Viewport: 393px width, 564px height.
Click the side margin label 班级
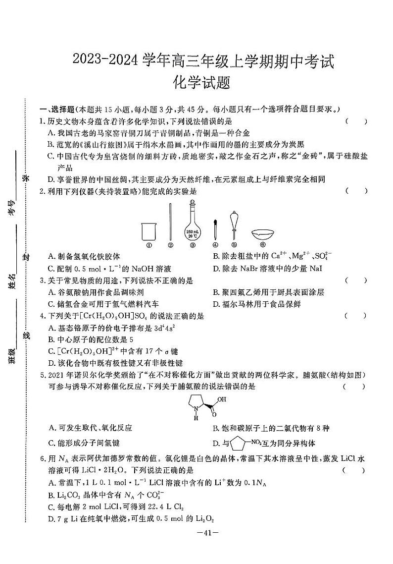click(x=13, y=356)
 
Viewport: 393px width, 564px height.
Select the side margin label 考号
click(x=13, y=208)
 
